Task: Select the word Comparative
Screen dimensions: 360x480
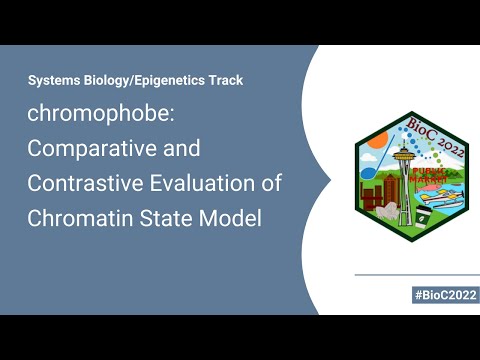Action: tap(114, 149)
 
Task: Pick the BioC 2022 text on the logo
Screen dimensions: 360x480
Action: tap(436, 137)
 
